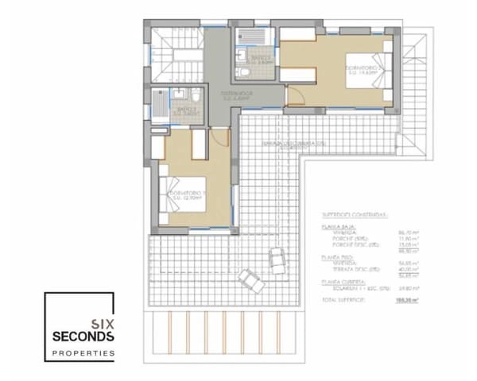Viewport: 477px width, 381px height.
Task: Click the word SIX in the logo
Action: (x=102, y=323)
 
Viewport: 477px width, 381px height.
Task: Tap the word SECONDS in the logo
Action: (x=83, y=337)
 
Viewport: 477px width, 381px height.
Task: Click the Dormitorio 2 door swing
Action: (x=295, y=98)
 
